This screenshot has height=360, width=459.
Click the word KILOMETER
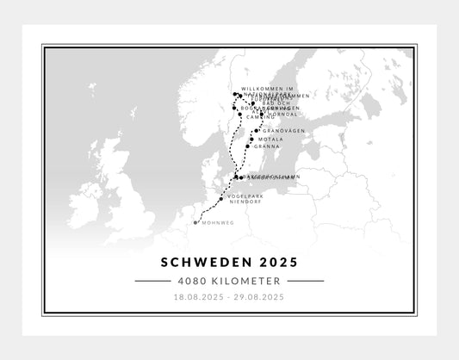pyautogui.click(x=246, y=281)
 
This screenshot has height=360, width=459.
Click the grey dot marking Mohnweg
pyautogui.click(x=197, y=222)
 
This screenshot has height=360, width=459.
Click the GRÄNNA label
pyautogui.click(x=262, y=146)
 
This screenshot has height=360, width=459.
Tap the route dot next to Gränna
pyautogui.click(x=247, y=146)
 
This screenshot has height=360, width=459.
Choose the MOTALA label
pyautogui.click(x=265, y=138)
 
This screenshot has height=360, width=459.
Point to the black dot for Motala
pyautogui.click(x=251, y=138)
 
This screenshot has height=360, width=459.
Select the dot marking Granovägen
pyautogui.click(x=257, y=130)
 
